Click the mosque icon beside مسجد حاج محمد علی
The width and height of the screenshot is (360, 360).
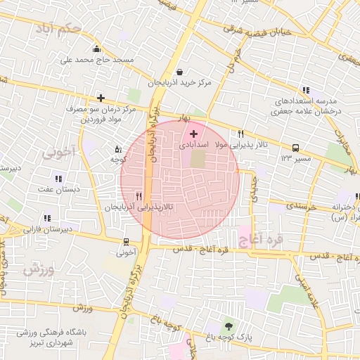coord(97,49)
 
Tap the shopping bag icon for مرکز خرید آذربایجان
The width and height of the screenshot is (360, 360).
coord(180,72)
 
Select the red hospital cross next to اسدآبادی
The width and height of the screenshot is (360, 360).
coord(194,132)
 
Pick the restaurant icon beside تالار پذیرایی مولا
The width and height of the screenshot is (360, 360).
coord(241,134)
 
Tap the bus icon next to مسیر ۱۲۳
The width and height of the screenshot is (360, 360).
coord(295,148)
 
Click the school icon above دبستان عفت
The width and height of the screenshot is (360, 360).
coord(58,179)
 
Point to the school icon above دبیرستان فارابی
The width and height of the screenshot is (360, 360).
coord(47,218)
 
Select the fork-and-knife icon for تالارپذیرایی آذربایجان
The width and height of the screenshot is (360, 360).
coord(139,197)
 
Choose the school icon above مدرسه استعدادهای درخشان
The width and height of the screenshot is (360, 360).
coord(305,90)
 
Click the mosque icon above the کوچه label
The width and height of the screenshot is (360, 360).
coord(117,149)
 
